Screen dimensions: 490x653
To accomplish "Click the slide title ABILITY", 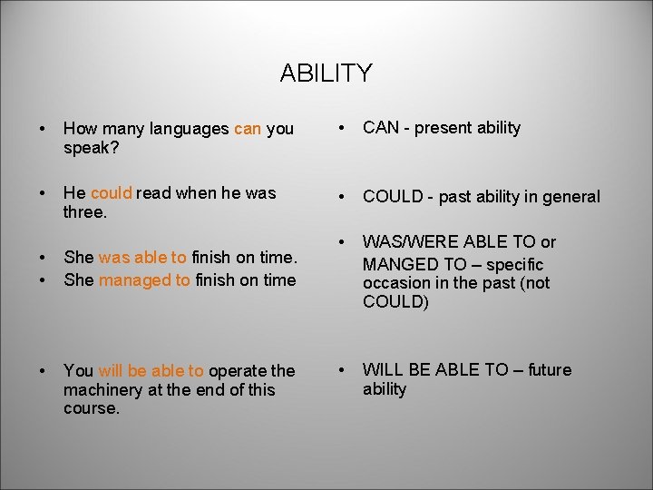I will pos(326,73).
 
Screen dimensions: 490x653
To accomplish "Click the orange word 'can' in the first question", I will pos(247,129).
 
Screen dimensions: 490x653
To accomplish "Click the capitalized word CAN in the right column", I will pos(381,128).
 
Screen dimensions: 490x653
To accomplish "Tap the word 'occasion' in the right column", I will pos(392,283).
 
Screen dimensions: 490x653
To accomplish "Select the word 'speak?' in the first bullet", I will pos(87,147).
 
